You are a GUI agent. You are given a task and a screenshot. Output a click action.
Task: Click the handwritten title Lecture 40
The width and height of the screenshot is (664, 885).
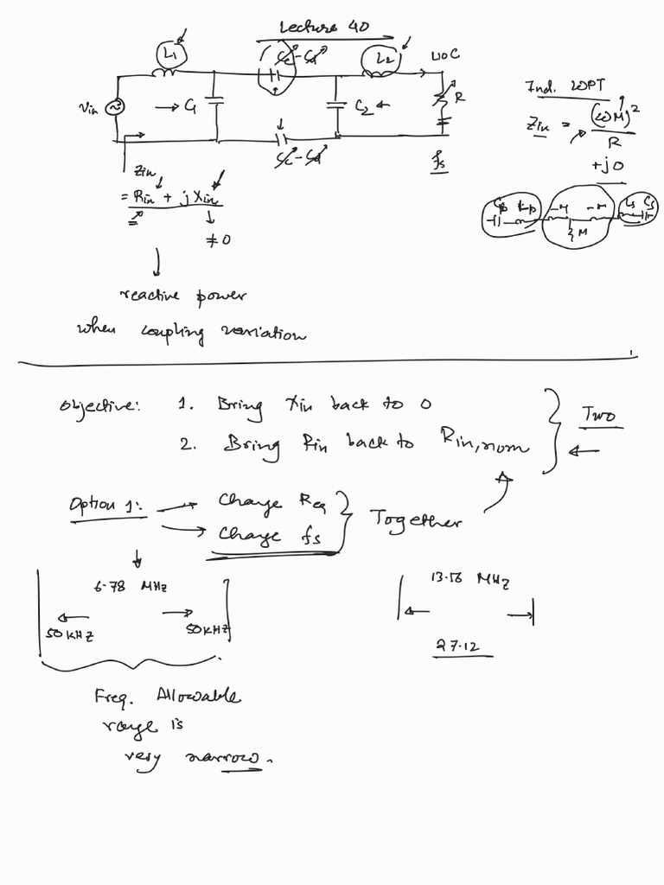pos(324,28)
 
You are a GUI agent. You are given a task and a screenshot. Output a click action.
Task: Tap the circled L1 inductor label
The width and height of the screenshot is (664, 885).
pos(167,54)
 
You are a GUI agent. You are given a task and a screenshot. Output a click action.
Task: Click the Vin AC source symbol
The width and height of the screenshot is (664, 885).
pos(112,106)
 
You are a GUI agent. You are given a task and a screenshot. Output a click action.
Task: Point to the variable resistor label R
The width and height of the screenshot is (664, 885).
pos(459,98)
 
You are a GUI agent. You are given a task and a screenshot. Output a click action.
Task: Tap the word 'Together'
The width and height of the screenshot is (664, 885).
pos(415,519)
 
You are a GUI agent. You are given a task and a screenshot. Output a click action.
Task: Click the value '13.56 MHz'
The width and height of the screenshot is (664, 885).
pos(469,579)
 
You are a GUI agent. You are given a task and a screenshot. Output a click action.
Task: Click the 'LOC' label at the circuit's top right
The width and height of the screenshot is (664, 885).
pos(445,54)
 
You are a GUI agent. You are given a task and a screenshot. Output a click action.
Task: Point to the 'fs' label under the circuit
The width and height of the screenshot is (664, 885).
pos(439,160)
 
